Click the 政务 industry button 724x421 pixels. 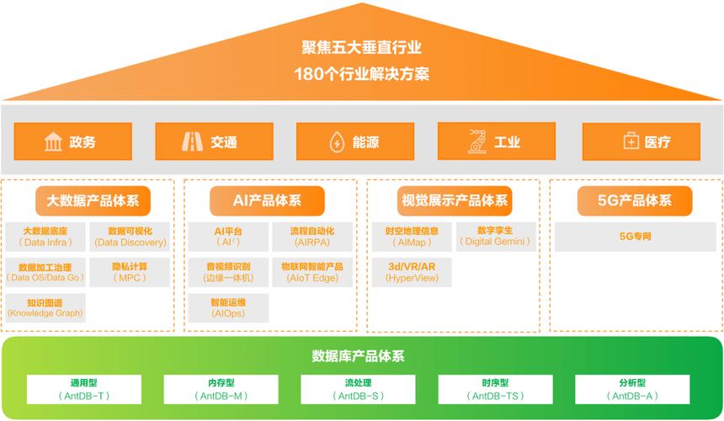[72, 141]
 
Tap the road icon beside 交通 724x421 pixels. [193, 141]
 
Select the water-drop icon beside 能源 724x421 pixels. [337, 142]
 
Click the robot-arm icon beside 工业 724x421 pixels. [477, 141]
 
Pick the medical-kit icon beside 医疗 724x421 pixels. [631, 142]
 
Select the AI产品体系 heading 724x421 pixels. [267, 200]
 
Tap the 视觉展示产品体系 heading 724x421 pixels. [453, 200]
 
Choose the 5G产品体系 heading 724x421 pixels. [635, 200]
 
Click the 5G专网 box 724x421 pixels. [635, 237]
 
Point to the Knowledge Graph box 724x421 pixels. [45, 308]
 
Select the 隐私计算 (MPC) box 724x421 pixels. [130, 272]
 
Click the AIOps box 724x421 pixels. [228, 308]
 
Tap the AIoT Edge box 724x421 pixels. [312, 272]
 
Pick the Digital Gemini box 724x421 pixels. [495, 236]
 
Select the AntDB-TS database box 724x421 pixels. [493, 389]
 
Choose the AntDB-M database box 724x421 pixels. [221, 389]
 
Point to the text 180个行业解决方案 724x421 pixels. [362, 73]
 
